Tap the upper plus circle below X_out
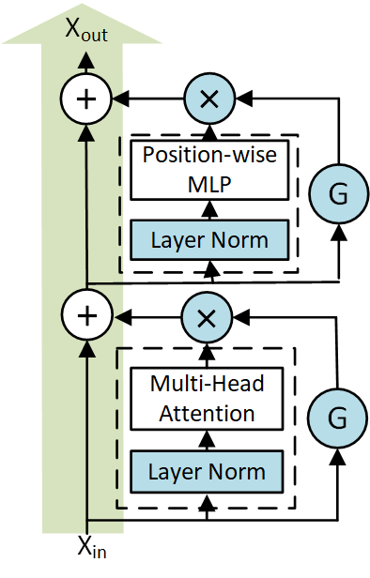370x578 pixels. [85, 99]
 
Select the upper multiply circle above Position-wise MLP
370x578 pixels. [209, 98]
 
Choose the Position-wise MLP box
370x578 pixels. [208, 171]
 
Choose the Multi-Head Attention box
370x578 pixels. [208, 399]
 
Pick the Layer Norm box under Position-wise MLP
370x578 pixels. [208, 239]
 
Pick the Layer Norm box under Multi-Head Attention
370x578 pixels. [208, 470]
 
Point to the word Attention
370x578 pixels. [208, 413]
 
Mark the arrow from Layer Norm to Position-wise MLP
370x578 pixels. [208, 209]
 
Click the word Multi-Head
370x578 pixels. [208, 385]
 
